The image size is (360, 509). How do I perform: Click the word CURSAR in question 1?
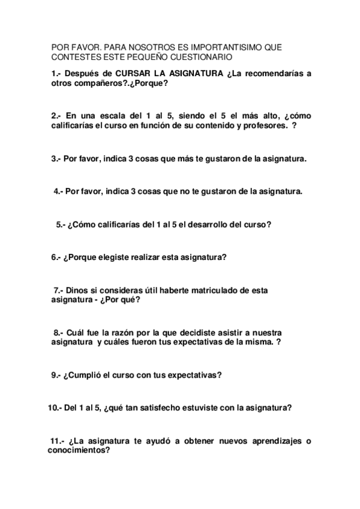(132, 73)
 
